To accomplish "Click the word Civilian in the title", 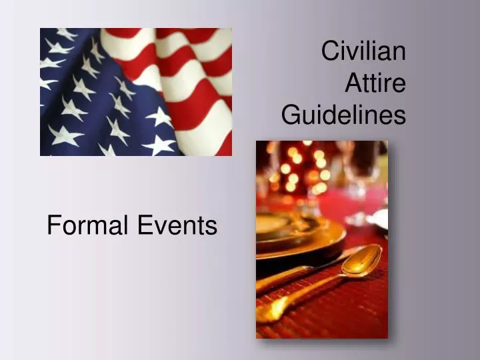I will (363, 51).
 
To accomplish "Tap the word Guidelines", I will (343, 115).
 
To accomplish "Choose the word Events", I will (177, 226).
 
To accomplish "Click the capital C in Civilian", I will (329, 51).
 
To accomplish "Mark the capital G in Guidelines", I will (290, 115).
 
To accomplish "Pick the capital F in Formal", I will (53, 226).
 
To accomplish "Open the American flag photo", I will (136, 92).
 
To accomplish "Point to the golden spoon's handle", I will (300, 294).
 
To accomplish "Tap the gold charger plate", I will (300, 237).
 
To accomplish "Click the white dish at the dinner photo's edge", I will (381, 219).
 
